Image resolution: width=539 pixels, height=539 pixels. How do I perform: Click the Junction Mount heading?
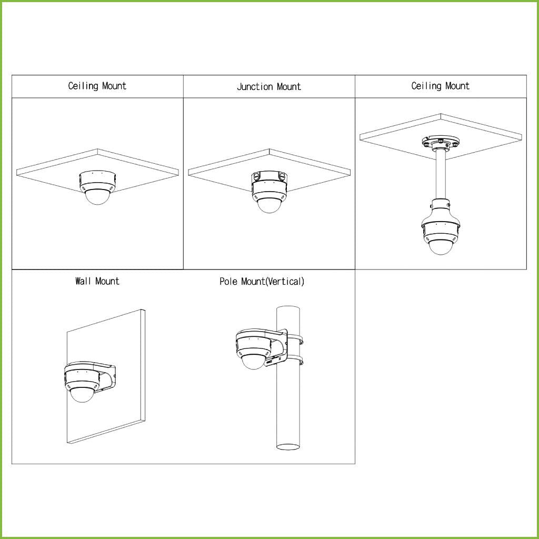(268, 87)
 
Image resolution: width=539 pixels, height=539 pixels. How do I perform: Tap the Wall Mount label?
(97, 281)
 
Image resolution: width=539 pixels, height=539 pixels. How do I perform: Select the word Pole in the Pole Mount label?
(229, 282)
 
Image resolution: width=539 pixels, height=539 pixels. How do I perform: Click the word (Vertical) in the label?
(285, 282)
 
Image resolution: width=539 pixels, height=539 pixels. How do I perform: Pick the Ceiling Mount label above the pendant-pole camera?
(441, 86)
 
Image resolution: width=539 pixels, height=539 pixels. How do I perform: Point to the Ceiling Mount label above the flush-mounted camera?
(97, 86)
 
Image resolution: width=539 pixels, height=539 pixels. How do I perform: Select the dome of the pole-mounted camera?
(254, 361)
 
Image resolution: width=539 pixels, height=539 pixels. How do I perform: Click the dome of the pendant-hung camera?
(440, 246)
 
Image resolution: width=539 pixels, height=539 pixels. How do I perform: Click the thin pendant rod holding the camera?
(441, 174)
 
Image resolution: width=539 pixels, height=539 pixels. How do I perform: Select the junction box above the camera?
(269, 177)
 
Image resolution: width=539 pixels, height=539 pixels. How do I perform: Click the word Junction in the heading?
(254, 87)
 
